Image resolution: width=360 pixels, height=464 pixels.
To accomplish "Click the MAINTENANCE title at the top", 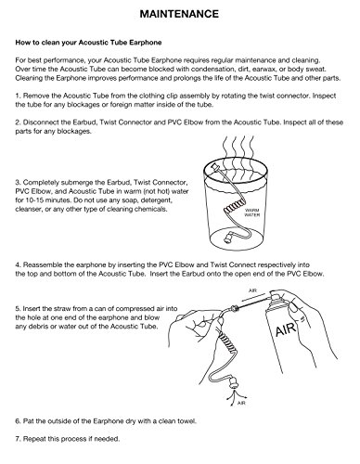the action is (179, 14).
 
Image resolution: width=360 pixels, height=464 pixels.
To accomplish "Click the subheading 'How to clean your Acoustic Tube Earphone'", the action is (88, 43).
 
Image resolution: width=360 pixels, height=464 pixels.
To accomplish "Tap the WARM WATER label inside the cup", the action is (252, 213).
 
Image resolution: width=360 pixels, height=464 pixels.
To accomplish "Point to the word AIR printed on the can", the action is (286, 329).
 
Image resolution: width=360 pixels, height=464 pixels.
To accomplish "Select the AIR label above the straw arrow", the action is (252, 290).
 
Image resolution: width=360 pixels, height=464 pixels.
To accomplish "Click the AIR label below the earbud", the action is (241, 403).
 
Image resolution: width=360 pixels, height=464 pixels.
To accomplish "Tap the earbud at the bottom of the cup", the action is (229, 239).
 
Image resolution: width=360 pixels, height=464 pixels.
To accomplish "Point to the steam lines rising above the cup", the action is (238, 147).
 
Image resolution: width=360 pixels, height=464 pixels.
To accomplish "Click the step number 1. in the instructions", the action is (19, 96).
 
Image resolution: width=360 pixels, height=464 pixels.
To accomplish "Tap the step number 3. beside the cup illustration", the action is (19, 182).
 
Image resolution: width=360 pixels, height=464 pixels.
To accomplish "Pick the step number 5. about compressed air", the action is (19, 309).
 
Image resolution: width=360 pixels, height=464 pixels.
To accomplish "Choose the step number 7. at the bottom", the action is (19, 439).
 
